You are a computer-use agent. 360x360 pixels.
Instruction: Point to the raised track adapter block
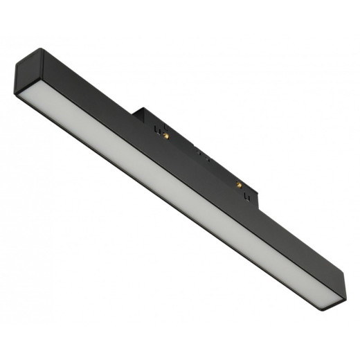pyautogui.click(x=201, y=149)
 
